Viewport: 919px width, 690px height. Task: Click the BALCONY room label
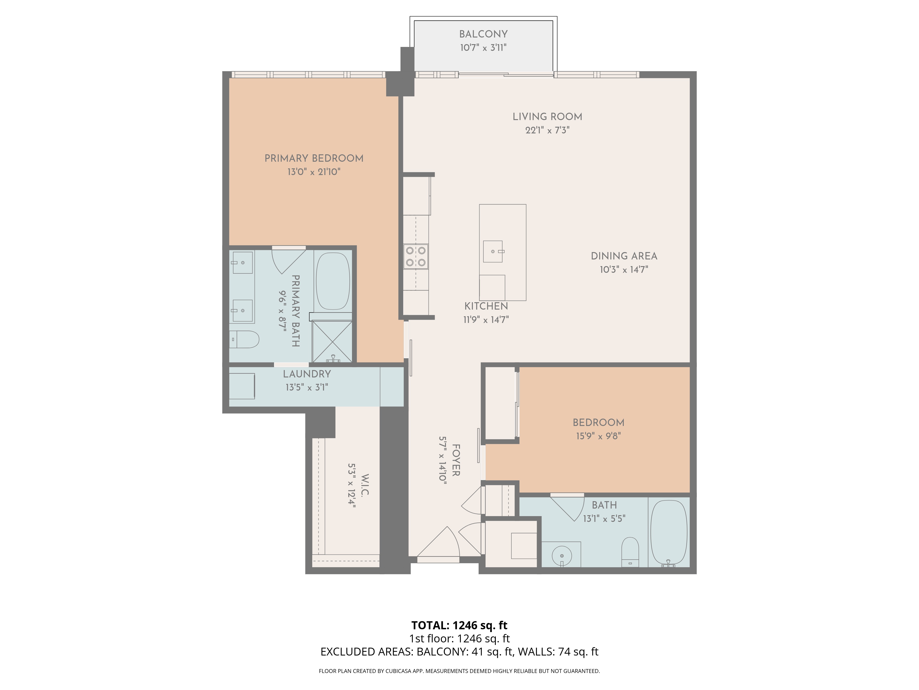click(483, 34)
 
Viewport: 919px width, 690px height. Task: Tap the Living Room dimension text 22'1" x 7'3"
click(547, 130)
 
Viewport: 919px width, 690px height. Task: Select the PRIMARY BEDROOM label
click(314, 158)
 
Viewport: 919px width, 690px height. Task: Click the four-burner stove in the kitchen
click(416, 257)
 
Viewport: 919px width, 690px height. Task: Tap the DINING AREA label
click(624, 256)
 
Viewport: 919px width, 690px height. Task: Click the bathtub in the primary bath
click(333, 281)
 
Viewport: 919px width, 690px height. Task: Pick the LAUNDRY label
click(307, 374)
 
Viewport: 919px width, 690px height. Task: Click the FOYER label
click(456, 460)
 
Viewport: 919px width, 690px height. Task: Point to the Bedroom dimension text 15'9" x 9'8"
click(598, 436)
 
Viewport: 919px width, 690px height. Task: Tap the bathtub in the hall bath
click(669, 532)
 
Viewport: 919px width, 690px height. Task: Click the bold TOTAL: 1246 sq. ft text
click(459, 625)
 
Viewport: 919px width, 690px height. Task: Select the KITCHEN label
click(486, 306)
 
